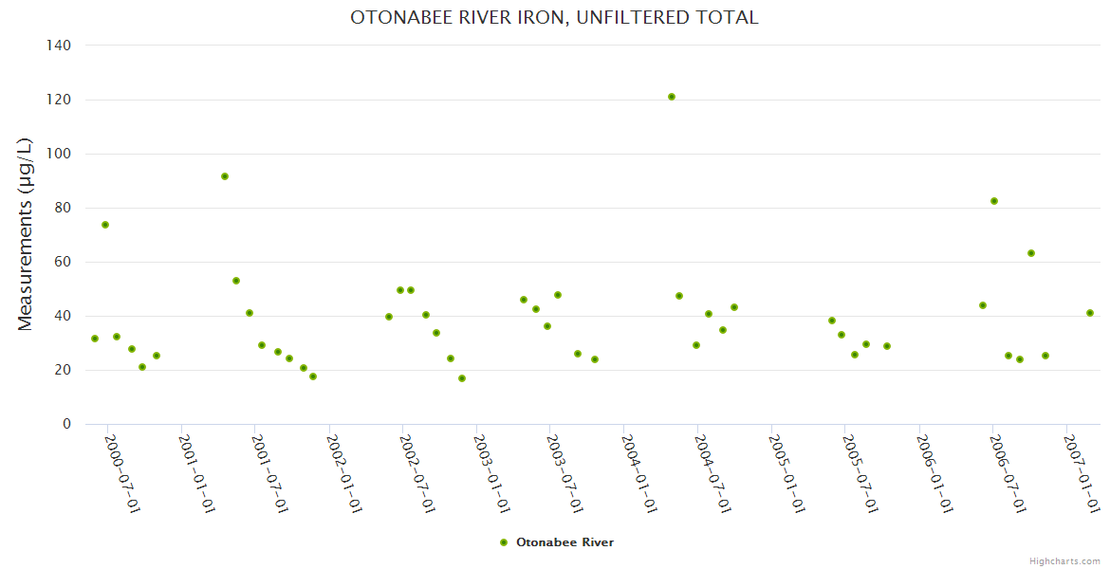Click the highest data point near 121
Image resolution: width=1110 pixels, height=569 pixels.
[672, 97]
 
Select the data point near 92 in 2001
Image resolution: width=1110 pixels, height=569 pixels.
[225, 176]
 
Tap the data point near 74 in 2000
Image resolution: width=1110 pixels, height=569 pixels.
[105, 225]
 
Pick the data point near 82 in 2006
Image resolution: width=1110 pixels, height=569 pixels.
[994, 201]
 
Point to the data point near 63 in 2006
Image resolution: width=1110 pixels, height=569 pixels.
[1031, 253]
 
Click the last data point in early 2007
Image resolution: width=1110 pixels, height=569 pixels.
[1090, 313]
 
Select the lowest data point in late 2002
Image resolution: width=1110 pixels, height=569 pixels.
[462, 378]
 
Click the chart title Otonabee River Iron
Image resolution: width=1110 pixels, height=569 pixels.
[554, 18]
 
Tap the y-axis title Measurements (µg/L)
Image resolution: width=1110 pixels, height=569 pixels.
[26, 234]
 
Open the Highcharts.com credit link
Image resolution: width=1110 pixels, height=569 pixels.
[1064, 560]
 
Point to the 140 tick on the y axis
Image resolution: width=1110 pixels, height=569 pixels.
[59, 46]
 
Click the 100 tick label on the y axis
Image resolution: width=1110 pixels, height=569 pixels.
[59, 154]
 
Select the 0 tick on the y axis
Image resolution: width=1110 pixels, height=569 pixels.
[66, 424]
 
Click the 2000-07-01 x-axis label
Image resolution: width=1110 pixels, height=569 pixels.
[121, 474]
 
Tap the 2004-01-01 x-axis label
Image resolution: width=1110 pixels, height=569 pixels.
[638, 474]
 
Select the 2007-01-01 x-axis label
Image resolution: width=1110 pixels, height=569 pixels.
[1081, 474]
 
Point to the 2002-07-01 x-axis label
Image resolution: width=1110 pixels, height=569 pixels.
[416, 474]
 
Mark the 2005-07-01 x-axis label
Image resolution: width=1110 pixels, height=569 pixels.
[860, 474]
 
